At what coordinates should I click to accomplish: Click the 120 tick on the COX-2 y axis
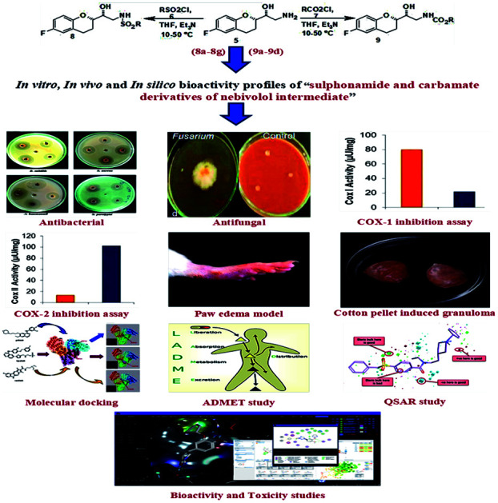(28, 236)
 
